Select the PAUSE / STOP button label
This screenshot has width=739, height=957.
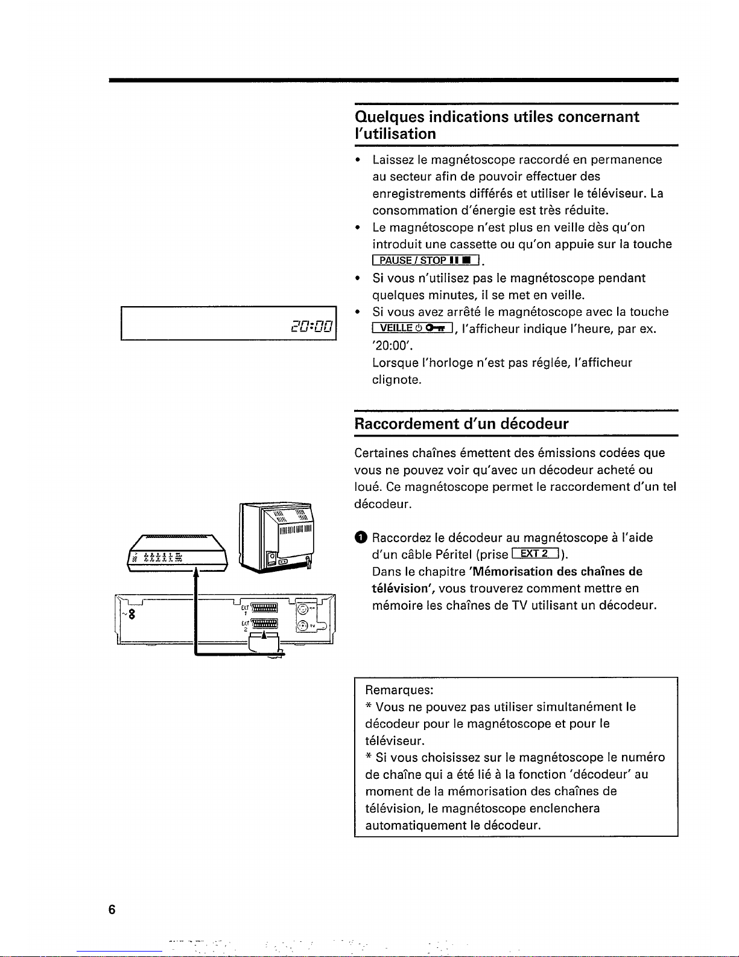425,260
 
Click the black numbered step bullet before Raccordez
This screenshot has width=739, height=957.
360,537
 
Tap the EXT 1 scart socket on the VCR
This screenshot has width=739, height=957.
264,607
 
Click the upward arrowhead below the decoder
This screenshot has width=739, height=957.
196,572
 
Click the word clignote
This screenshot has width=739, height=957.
396,380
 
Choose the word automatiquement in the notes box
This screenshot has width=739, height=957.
416,825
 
